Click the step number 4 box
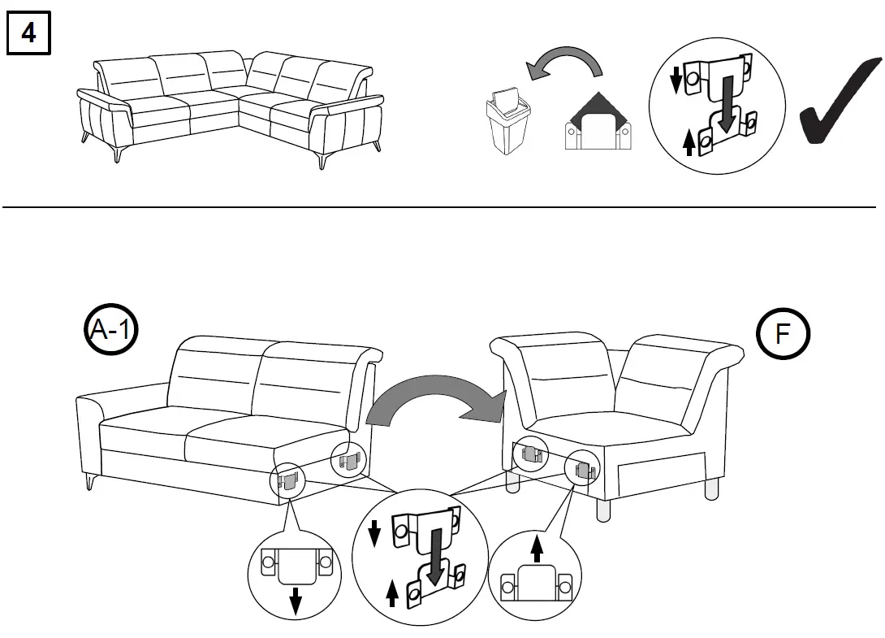pyautogui.click(x=28, y=35)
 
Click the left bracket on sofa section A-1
pyautogui.click(x=287, y=481)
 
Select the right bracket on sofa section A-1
pyautogui.click(x=348, y=462)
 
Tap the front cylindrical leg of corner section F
pyautogui.click(x=603, y=510)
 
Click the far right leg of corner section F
pyautogui.click(x=713, y=488)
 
